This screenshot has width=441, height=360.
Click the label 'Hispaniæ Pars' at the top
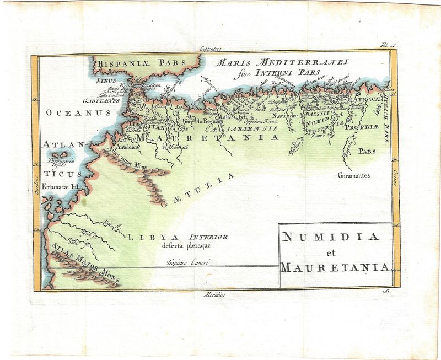(135, 63)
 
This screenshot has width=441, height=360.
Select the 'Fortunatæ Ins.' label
(61, 186)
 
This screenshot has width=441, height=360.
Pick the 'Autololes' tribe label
(114, 148)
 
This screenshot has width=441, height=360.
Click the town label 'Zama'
(317, 136)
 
